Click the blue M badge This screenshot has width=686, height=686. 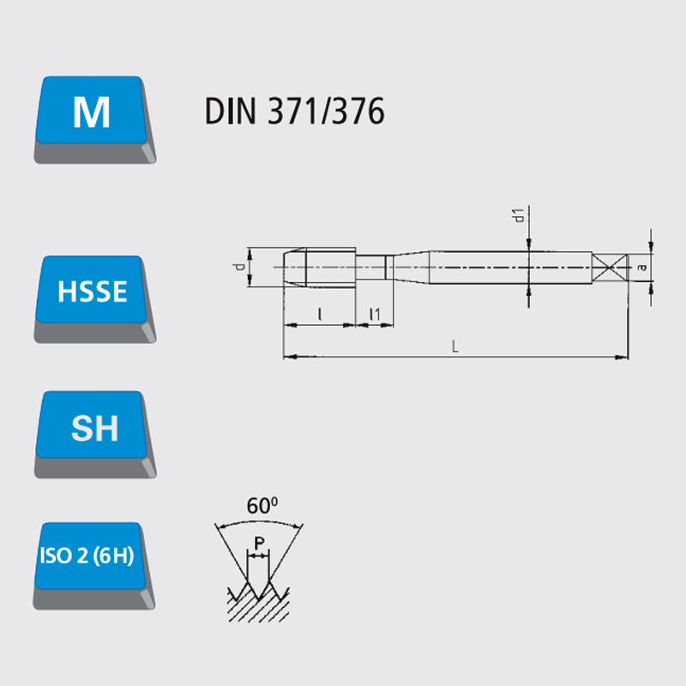click(95, 119)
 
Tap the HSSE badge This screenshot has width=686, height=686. click(95, 298)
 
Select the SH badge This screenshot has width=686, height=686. click(95, 434)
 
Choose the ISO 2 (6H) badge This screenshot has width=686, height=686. click(94, 565)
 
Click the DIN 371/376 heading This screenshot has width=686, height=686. click(294, 111)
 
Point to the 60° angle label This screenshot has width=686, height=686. click(262, 506)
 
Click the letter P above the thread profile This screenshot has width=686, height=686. click(260, 544)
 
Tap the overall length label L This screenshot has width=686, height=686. click(455, 347)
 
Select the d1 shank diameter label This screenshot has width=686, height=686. click(518, 215)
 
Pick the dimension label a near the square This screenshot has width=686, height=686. click(641, 267)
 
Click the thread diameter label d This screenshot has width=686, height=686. click(240, 267)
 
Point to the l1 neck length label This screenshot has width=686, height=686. click(375, 314)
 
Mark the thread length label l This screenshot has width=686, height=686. click(320, 314)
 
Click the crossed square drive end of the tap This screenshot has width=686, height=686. click(610, 268)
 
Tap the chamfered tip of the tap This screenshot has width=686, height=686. click(294, 267)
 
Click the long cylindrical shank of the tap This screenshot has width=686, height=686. click(510, 268)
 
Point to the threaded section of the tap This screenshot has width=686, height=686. click(331, 267)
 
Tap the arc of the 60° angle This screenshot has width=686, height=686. click(260, 522)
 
